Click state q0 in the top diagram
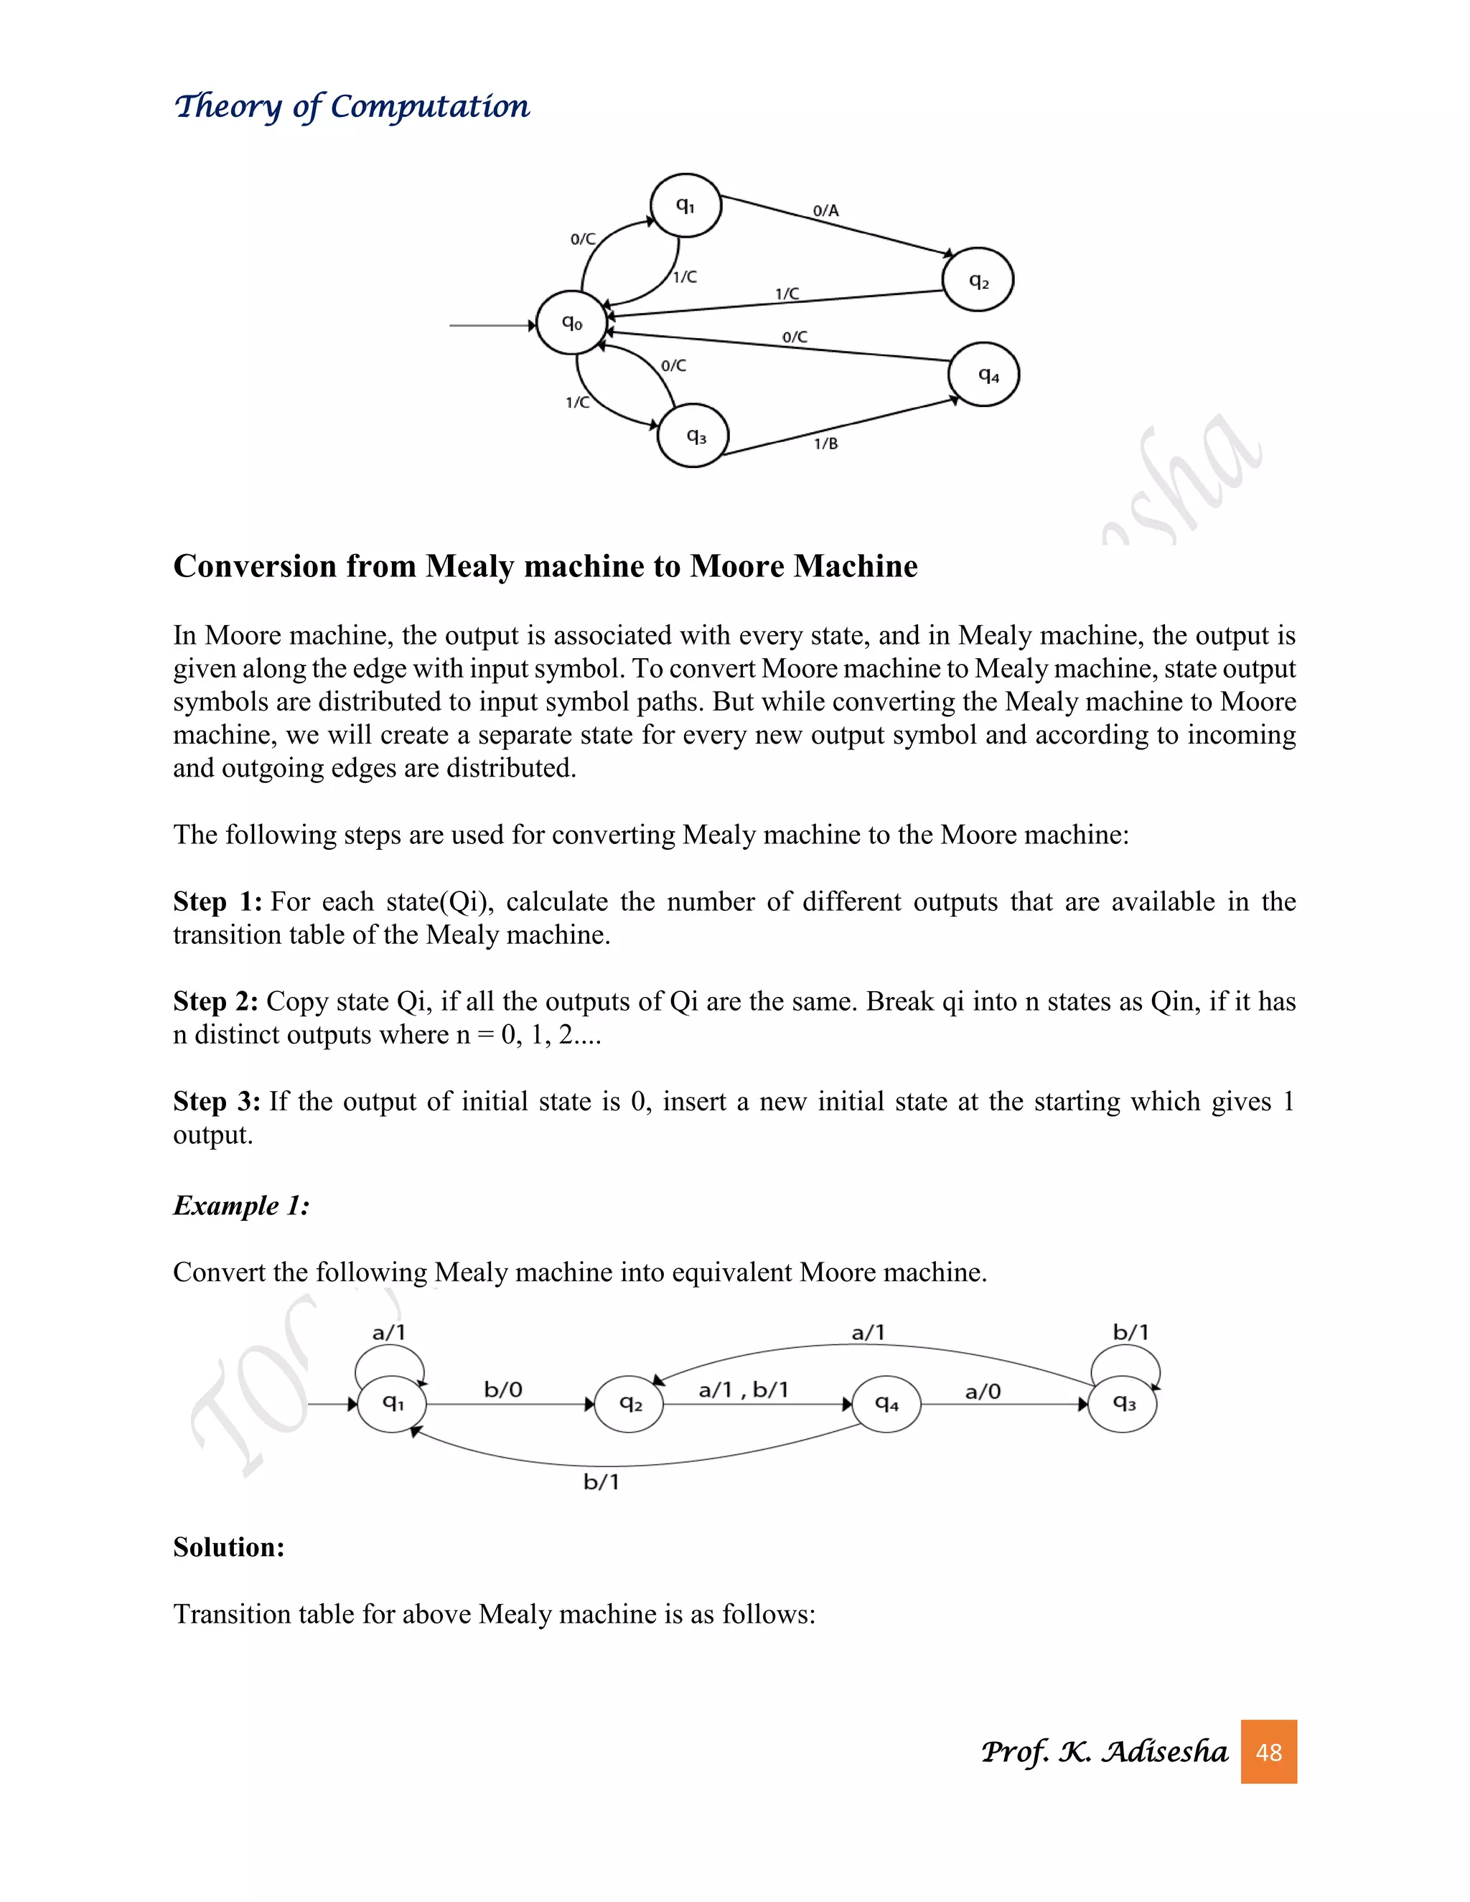pyautogui.click(x=571, y=323)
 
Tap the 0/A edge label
pyautogui.click(x=825, y=211)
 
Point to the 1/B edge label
pyautogui.click(x=825, y=444)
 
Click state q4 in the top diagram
pyautogui.click(x=984, y=375)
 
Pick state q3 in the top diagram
pyautogui.click(x=693, y=436)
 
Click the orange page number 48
pyautogui.click(x=1268, y=1751)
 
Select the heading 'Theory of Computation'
pyautogui.click(x=352, y=106)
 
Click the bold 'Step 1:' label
pyautogui.click(x=217, y=901)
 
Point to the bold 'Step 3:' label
pyautogui.click(x=217, y=1102)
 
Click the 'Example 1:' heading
pyautogui.click(x=241, y=1205)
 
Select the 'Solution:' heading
pyautogui.click(x=229, y=1547)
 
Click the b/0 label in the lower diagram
pyautogui.click(x=503, y=1390)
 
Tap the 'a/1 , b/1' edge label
pyautogui.click(x=743, y=1390)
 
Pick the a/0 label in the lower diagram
pyautogui.click(x=983, y=1392)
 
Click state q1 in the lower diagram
pyautogui.click(x=392, y=1404)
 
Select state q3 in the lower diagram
pyautogui.click(x=1123, y=1404)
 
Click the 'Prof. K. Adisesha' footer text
pyautogui.click(x=1103, y=1751)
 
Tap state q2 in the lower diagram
pyautogui.click(x=629, y=1404)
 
